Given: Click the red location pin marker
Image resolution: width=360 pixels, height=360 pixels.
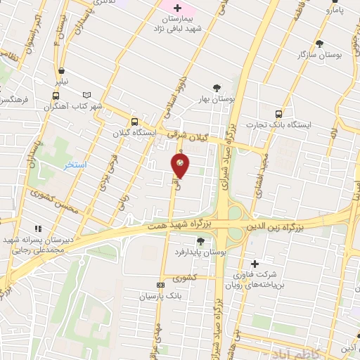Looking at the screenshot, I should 180,165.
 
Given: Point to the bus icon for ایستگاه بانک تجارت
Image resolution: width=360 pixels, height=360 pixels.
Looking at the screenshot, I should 279,113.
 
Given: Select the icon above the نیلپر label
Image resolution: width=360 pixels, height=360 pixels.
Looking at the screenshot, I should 63,70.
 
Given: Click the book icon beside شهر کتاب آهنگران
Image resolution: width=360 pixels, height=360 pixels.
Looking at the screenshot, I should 87,95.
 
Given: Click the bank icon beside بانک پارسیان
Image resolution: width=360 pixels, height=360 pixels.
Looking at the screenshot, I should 161,285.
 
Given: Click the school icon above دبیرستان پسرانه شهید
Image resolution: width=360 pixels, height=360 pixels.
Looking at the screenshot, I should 38,228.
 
